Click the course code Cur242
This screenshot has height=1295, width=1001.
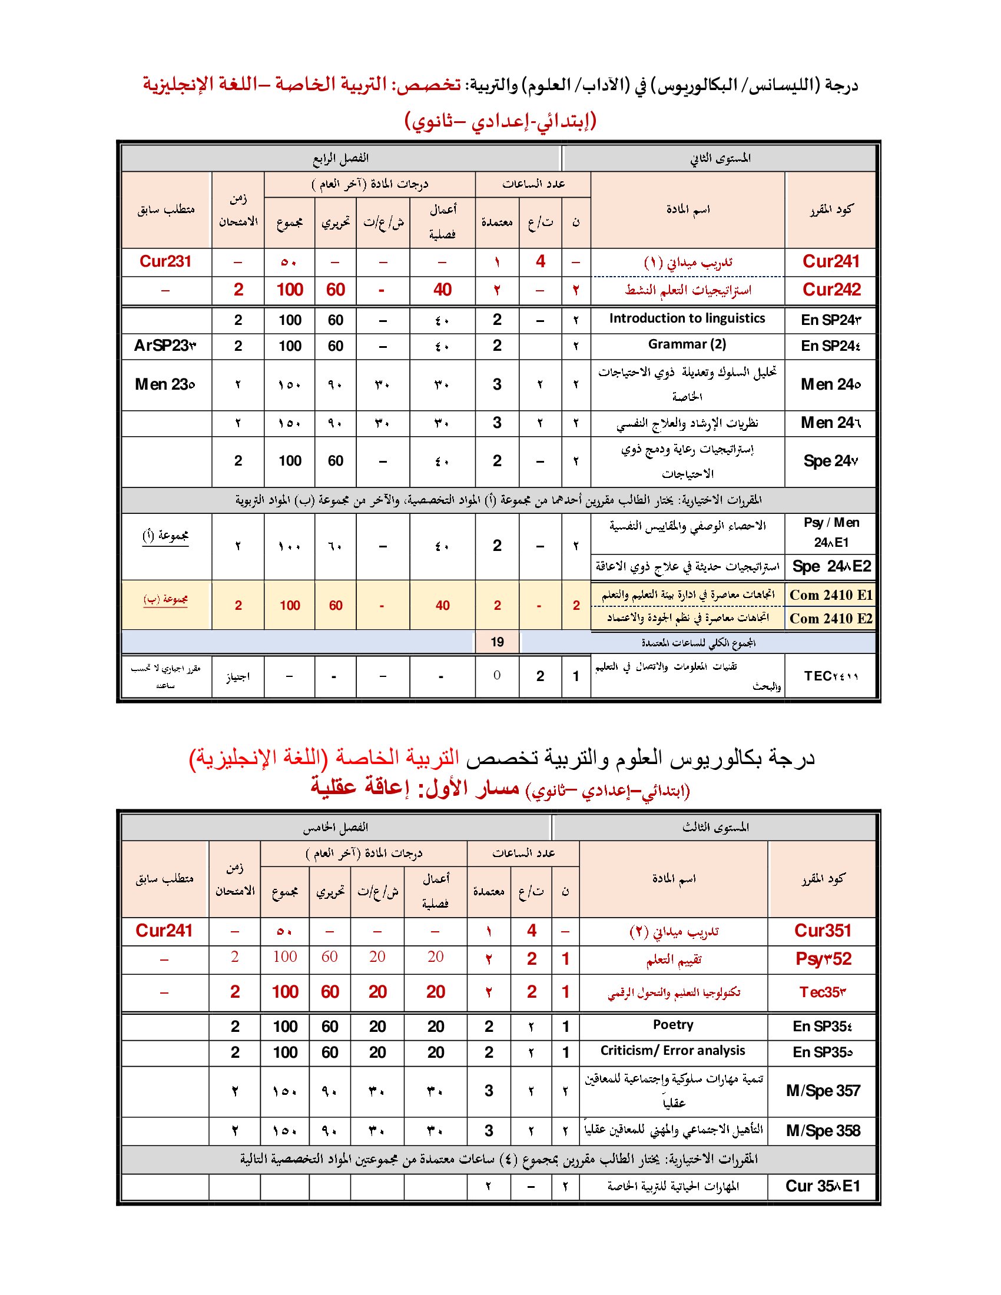point(831,290)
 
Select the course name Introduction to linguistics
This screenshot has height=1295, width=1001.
point(687,318)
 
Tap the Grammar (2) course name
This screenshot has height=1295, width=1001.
point(687,344)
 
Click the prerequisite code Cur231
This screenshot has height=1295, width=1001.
point(165,261)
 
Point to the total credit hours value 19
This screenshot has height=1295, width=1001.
point(497,642)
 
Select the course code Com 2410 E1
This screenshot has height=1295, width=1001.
point(831,595)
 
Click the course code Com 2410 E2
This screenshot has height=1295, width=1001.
point(831,619)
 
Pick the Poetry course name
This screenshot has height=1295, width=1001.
point(673,1025)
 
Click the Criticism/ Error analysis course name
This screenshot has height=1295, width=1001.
point(673,1051)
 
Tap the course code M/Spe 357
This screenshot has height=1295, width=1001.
point(823,1090)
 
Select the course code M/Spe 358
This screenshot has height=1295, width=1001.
point(823,1131)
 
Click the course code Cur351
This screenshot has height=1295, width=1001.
point(823,931)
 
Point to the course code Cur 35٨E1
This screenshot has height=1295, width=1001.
point(823,1186)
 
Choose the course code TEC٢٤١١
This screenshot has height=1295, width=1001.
point(831,676)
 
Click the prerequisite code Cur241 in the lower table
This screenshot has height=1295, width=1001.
point(164,931)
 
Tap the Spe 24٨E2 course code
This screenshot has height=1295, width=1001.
point(831,567)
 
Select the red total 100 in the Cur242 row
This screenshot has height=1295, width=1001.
point(290,290)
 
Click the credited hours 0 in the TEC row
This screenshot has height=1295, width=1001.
point(497,675)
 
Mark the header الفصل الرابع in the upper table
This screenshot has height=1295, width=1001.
point(341,158)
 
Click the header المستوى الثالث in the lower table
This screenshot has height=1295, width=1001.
point(715,827)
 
